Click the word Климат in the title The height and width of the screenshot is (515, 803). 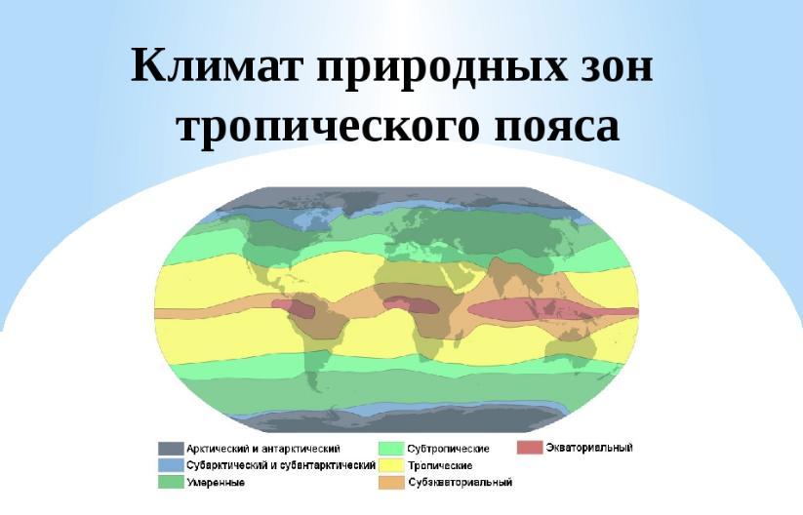click(x=218, y=65)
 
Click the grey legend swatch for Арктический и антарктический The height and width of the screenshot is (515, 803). click(x=171, y=449)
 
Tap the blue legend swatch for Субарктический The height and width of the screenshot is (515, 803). click(x=171, y=465)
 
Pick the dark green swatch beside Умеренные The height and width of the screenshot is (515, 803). click(x=171, y=482)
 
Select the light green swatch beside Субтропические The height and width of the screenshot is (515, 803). click(x=392, y=449)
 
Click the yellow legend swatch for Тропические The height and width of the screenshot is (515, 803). click(x=392, y=465)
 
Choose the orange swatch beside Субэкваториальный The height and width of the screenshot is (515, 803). click(x=392, y=482)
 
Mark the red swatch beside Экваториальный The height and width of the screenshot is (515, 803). click(x=530, y=448)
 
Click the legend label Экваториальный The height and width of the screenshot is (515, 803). click(x=589, y=448)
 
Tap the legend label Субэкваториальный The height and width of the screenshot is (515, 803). click(x=461, y=482)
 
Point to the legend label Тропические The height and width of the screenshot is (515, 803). click(x=440, y=465)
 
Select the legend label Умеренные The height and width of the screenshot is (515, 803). click(x=216, y=482)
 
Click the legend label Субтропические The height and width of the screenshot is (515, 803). click(x=449, y=449)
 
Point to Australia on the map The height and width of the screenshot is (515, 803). click(x=572, y=350)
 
